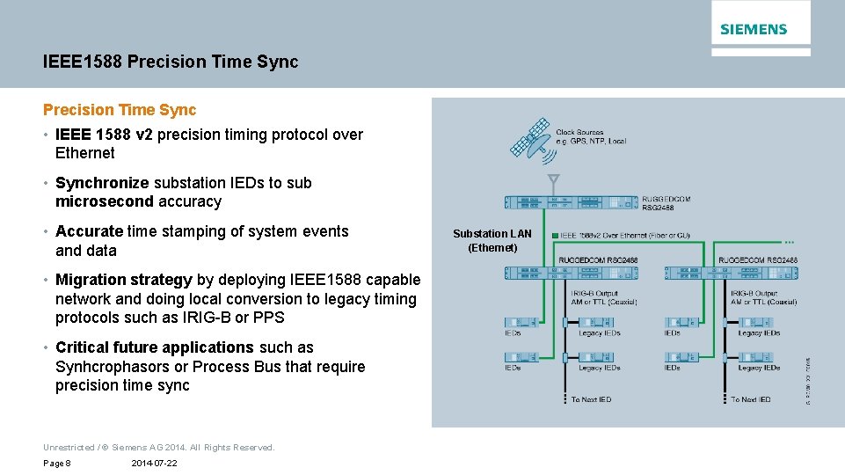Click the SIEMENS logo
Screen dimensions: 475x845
pyautogui.click(x=754, y=29)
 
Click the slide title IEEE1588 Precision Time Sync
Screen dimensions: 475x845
pyautogui.click(x=171, y=62)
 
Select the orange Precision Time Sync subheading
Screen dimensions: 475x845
pyautogui.click(x=120, y=110)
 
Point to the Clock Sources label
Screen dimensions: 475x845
pyautogui.click(x=591, y=137)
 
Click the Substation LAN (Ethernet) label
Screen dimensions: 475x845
pyautogui.click(x=492, y=240)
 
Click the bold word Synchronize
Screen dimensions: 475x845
pyautogui.click(x=102, y=183)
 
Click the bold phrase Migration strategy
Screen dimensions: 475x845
pyautogui.click(x=123, y=280)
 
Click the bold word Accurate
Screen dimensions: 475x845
pyautogui.click(x=89, y=231)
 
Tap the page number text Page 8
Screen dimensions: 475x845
pyautogui.click(x=57, y=463)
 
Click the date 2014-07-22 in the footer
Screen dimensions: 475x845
pyautogui.click(x=154, y=463)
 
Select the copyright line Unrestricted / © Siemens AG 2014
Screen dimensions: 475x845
pyautogui.click(x=159, y=447)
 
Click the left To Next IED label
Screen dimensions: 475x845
pyautogui.click(x=591, y=399)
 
